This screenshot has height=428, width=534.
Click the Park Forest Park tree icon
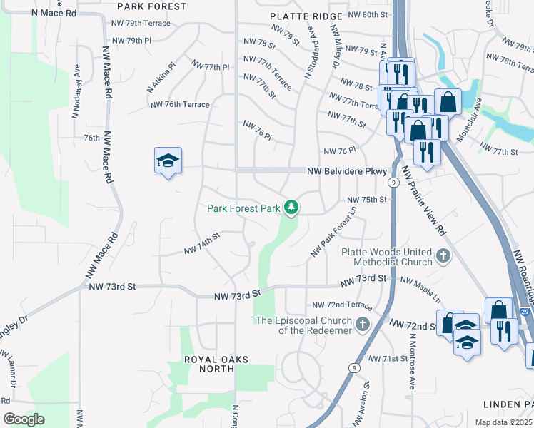(291, 208)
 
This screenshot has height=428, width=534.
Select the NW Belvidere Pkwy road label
(347, 171)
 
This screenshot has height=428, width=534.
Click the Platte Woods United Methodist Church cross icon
(443, 256)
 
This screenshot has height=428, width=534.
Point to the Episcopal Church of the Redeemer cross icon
(363, 325)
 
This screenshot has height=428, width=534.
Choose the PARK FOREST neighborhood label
(151, 6)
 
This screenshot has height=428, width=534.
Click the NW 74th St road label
(202, 246)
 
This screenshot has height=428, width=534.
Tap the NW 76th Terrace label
(180, 104)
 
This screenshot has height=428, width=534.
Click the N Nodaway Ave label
(75, 93)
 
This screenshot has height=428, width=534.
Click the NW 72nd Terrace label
(342, 305)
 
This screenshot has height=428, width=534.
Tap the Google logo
(24, 419)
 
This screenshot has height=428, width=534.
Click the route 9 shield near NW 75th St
(393, 183)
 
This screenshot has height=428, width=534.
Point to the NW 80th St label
(368, 14)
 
